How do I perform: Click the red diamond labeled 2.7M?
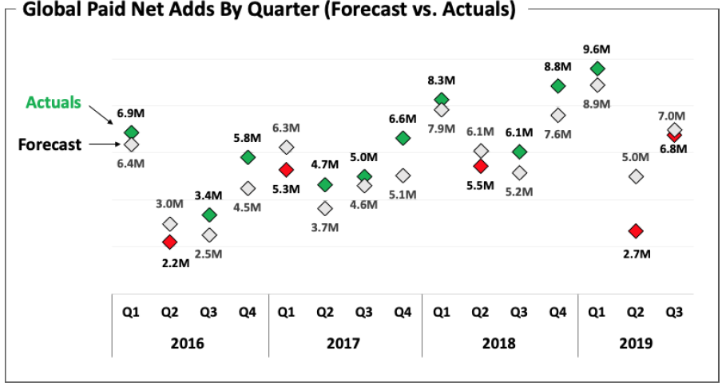(x=636, y=231)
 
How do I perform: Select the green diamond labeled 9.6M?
(x=597, y=69)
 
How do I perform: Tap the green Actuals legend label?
(x=54, y=103)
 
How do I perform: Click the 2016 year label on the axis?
(x=188, y=344)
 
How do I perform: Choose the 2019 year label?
(x=636, y=344)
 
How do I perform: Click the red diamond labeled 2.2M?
(x=169, y=242)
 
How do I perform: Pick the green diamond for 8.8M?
(x=558, y=86)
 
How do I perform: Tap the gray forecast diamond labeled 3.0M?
(x=169, y=224)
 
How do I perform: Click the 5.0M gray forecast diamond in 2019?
(x=636, y=176)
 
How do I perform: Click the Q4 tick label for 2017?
(x=403, y=313)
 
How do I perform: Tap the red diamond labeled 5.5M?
(x=480, y=166)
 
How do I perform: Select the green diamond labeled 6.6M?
(x=403, y=138)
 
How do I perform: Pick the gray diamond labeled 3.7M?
(x=325, y=208)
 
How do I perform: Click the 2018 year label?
(x=499, y=344)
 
